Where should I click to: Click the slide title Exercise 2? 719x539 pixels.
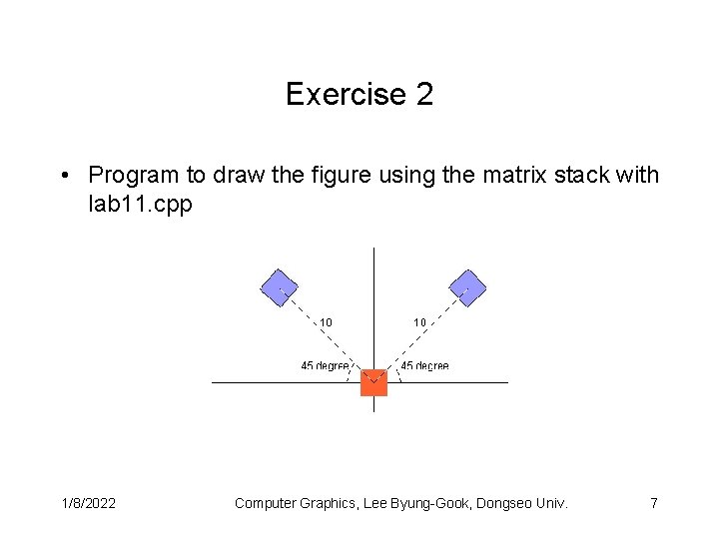click(359, 95)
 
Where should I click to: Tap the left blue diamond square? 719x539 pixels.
click(280, 288)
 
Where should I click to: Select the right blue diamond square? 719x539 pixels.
click(466, 288)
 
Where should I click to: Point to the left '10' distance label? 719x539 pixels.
click(326, 322)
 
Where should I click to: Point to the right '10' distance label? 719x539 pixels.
click(419, 322)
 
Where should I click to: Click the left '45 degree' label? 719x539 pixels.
click(325, 365)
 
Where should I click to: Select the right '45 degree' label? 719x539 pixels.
click(424, 365)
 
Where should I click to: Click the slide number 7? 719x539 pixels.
click(653, 503)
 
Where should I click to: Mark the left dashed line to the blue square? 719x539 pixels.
click(326, 335)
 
